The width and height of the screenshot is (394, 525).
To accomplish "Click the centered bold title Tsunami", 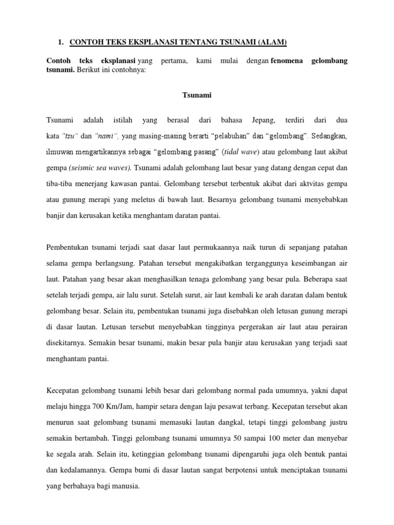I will coord(196,94).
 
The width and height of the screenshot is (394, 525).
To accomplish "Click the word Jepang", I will coord(264,120).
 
